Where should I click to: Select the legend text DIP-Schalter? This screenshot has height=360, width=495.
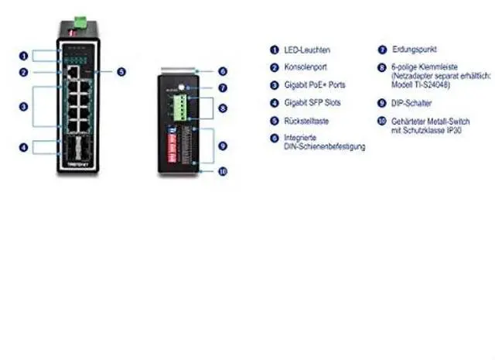point(411,102)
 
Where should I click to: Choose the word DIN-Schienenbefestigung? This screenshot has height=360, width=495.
point(323,146)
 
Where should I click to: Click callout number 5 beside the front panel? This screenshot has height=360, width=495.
point(121,72)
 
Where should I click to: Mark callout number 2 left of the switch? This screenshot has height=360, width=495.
point(24,73)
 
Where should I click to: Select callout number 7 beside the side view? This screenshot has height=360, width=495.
point(222,88)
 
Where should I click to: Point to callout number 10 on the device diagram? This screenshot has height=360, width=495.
point(222,172)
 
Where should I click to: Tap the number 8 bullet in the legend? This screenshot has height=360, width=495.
point(381,67)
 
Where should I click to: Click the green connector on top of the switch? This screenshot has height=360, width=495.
point(77,18)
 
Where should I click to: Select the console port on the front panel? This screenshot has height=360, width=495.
point(71,72)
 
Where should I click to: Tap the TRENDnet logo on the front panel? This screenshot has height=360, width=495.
point(76,166)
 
